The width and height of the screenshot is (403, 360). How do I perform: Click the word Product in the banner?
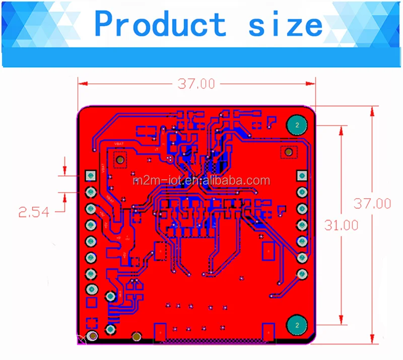pyautogui.click(x=160, y=24)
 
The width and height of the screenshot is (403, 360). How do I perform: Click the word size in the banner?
pyautogui.click(x=285, y=24)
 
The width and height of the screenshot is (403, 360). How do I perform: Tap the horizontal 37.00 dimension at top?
pyautogui.click(x=196, y=84)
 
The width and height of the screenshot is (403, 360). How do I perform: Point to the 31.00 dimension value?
pyautogui.click(x=341, y=225)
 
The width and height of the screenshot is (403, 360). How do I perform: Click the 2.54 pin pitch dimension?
pyautogui.click(x=34, y=212)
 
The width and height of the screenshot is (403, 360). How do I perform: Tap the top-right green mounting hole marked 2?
pyautogui.click(x=297, y=124)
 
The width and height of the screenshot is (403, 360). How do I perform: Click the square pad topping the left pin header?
pyautogui.click(x=91, y=175)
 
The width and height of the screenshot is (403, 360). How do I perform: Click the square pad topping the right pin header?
pyautogui.click(x=302, y=175)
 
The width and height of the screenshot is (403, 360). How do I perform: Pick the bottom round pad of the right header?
pyautogui.click(x=302, y=274)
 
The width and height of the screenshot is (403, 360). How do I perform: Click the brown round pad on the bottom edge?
pyautogui.click(x=136, y=336)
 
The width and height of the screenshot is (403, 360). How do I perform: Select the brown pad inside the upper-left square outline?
pyautogui.click(x=120, y=160)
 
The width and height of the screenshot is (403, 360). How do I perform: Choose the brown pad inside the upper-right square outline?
pyautogui.click(x=288, y=152)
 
